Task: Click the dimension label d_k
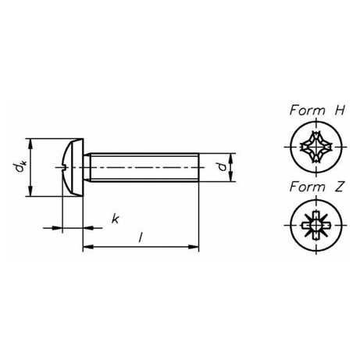coord(20,167)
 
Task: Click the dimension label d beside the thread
coord(222,166)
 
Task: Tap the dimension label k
coord(115,219)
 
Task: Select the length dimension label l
coord(141,237)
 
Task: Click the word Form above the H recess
coord(308,110)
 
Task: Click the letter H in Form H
coord(340,110)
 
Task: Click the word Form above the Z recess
coord(308,187)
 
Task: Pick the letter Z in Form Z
coord(339,187)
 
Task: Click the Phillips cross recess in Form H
coord(316,147)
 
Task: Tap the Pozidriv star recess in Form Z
coord(316,225)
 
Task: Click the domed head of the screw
coord(74,167)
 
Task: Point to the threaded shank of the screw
coord(142,167)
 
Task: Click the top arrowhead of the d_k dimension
coord(30,144)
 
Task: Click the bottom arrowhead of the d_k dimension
coord(30,191)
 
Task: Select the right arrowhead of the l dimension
coord(194,247)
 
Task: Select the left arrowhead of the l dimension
coord(88,247)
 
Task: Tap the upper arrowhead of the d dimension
coord(230,159)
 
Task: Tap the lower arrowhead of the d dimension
coord(230,176)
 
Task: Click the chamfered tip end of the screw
coord(198,167)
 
